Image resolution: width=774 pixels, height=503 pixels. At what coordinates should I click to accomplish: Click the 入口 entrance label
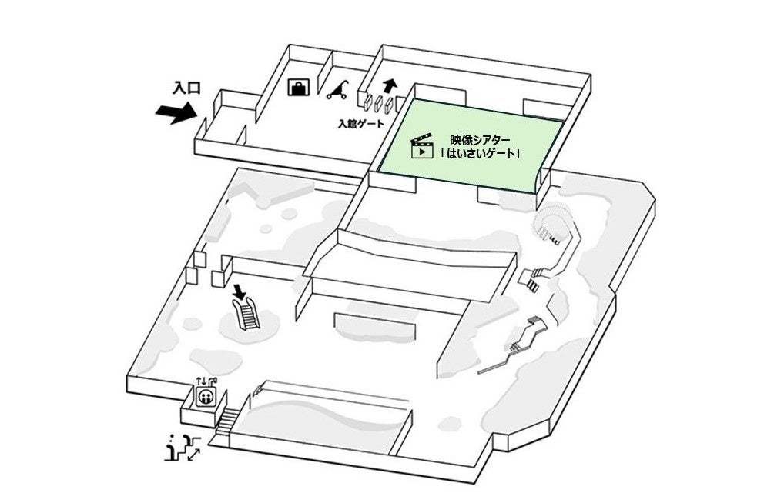click(186, 88)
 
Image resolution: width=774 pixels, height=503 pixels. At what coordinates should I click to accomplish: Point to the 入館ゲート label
click(361, 123)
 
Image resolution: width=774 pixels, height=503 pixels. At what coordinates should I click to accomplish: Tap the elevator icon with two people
click(206, 396)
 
